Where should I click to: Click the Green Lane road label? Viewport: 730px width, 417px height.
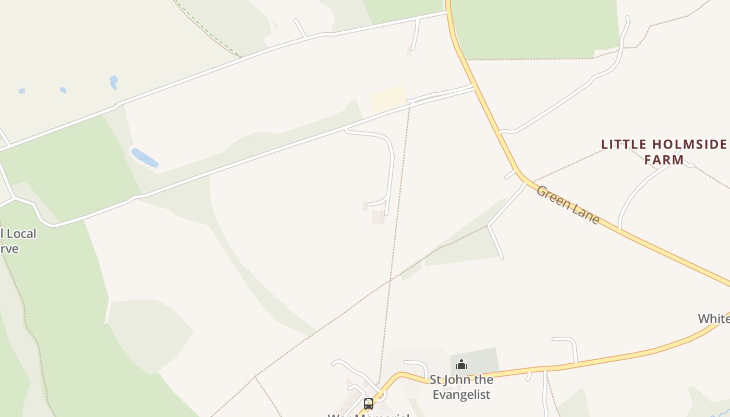pyautogui.click(x=568, y=204)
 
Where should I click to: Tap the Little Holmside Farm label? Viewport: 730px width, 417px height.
pyautogui.click(x=664, y=152)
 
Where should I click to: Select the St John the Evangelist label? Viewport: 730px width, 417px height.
pyautogui.click(x=461, y=386)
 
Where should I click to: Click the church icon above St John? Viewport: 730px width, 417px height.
pyautogui.click(x=461, y=364)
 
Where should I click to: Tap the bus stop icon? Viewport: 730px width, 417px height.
pyautogui.click(x=368, y=403)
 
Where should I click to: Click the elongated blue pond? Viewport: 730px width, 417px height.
pyautogui.click(x=144, y=158)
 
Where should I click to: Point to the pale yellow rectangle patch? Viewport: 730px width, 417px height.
pyautogui.click(x=388, y=99)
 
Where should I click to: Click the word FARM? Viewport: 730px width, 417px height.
pyautogui.click(x=664, y=160)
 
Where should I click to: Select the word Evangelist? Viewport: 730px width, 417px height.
pyautogui.click(x=461, y=394)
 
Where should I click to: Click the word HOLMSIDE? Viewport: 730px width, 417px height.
pyautogui.click(x=693, y=144)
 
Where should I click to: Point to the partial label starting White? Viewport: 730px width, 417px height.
pyautogui.click(x=714, y=318)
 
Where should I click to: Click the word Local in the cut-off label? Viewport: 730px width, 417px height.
pyautogui.click(x=21, y=234)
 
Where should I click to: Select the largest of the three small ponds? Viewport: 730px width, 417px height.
pyautogui.click(x=114, y=81)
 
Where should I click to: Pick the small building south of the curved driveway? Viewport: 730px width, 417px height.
pyautogui.click(x=378, y=217)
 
